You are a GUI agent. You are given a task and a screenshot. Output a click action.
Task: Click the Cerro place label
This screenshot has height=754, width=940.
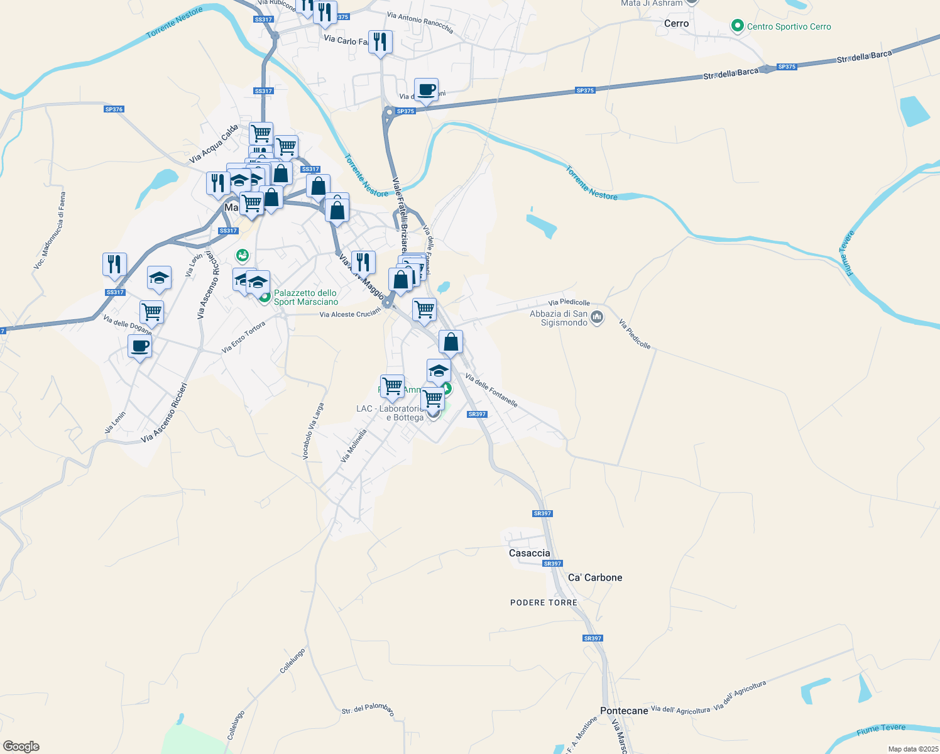coord(676,23)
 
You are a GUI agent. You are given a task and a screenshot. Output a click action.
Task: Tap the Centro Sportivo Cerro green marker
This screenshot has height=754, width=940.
coord(738,26)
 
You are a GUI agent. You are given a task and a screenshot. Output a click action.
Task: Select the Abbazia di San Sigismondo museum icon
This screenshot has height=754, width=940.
coord(597,317)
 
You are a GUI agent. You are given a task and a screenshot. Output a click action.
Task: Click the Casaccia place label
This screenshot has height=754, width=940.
coord(529,553)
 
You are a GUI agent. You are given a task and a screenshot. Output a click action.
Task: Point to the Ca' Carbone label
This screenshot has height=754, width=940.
coord(595,577)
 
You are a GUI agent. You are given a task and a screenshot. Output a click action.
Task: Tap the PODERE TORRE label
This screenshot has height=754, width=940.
coord(544,603)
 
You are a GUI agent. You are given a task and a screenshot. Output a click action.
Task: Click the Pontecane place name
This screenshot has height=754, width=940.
coord(624,711)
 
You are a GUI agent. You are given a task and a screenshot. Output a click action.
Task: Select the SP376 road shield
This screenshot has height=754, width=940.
coord(114,109)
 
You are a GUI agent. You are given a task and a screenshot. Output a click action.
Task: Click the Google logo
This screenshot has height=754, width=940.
coord(21,746)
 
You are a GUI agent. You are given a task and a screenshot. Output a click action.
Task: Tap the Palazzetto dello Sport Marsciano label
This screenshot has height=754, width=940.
coord(305,297)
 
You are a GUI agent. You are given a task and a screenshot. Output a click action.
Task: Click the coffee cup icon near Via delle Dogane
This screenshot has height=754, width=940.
coord(139,346)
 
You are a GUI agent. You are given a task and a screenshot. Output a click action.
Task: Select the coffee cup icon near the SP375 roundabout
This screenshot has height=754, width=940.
coord(426,89)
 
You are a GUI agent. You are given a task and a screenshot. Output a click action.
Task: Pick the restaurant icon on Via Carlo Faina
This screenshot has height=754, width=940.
coord(380,42)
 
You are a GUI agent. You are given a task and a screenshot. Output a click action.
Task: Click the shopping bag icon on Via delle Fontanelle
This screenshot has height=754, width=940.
coord(451,342)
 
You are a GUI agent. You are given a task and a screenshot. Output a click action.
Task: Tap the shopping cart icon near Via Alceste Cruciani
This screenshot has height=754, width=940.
coord(424,309)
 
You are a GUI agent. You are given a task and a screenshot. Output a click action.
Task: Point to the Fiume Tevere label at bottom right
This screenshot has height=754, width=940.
coord(881,729)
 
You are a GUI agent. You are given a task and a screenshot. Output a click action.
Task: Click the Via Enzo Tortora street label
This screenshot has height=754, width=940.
coord(244,337)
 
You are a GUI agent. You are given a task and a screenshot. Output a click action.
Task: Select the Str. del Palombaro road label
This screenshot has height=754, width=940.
coord(368,709)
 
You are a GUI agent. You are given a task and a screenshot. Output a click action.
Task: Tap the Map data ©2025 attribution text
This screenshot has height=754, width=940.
coord(912,749)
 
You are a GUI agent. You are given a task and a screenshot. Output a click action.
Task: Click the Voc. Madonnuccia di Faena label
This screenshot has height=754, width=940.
coord(50,231)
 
